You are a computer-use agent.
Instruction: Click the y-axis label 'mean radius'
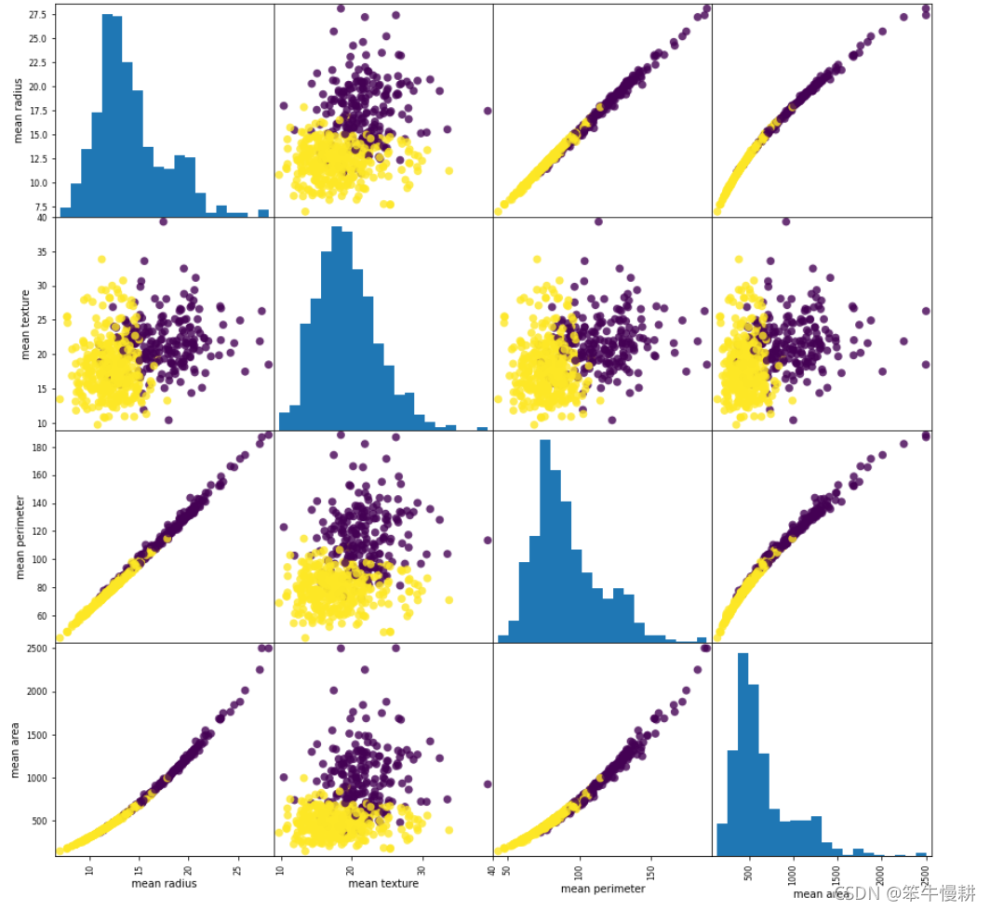click(18, 110)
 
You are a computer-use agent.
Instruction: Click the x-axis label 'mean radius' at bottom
click(164, 883)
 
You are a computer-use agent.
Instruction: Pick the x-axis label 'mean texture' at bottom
click(382, 883)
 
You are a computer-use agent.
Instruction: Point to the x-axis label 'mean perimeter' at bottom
click(603, 889)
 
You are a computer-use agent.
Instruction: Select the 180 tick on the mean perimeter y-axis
click(41, 448)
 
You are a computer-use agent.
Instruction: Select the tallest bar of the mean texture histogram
click(337, 326)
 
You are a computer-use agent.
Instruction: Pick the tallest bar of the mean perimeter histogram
click(545, 540)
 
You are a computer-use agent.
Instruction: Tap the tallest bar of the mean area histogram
click(742, 754)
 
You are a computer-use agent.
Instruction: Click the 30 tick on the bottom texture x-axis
click(422, 870)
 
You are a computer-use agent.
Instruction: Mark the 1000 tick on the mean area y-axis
click(37, 778)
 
